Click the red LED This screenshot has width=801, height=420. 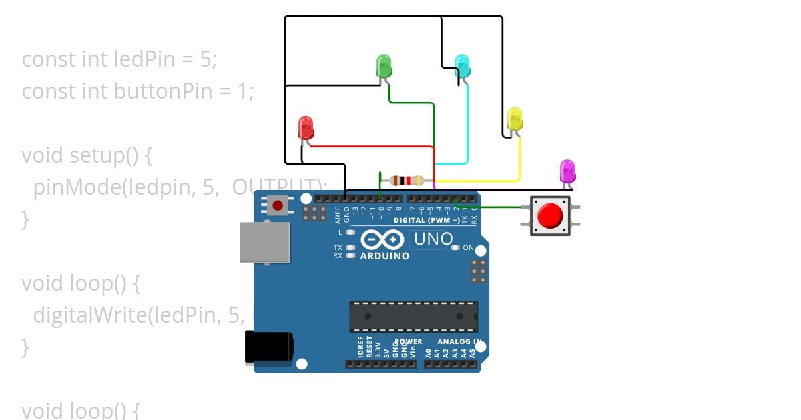pos(306,127)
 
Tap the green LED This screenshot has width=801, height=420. pos(384,65)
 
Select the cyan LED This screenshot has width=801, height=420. pos(462,65)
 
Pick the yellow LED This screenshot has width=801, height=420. pos(515,119)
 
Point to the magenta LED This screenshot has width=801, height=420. pos(567,171)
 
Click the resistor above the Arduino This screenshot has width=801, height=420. pos(407,180)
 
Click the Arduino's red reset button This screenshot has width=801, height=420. pos(277,205)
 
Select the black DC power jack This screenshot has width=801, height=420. pos(268,347)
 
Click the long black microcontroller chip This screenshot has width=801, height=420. pos(413,317)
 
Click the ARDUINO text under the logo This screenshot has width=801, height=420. pos(385,256)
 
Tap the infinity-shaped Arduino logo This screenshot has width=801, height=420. pos(382,239)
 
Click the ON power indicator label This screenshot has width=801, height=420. pos(468,248)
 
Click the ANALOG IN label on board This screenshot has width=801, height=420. pos(459,342)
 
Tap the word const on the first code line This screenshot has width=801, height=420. pos(49,59)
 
